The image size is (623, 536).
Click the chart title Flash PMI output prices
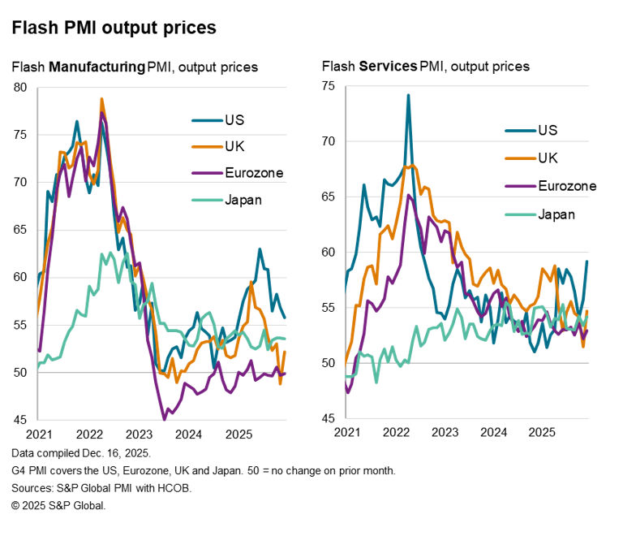point(114,28)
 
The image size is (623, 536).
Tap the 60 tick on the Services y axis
point(330,252)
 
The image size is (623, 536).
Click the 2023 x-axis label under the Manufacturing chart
point(139,434)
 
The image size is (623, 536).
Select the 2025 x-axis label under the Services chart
point(541,434)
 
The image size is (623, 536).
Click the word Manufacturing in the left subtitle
point(96,67)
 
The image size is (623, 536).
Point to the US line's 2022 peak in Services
point(408,95)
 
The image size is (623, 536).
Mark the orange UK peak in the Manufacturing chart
point(102,99)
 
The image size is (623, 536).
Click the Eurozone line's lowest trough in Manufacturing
point(164,419)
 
